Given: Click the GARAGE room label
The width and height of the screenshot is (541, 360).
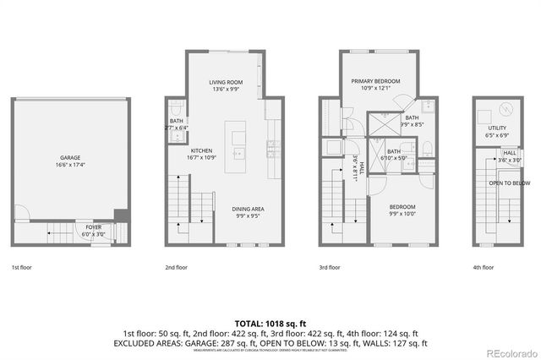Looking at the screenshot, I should click(69, 157).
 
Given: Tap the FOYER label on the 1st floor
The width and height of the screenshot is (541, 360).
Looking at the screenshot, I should click(93, 227).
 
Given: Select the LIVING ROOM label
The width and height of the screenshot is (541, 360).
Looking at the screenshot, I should click(226, 82).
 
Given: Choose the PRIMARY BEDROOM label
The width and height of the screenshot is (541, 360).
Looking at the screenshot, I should click(375, 81).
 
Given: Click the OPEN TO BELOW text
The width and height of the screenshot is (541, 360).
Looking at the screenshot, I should click(509, 183).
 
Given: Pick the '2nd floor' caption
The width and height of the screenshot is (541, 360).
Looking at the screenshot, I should click(177, 267).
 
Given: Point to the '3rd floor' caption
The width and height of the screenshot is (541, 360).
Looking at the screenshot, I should click(329, 267).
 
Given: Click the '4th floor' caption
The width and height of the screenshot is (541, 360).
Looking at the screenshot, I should click(483, 267).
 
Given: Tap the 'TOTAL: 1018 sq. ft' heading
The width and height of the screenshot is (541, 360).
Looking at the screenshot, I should click(270, 324).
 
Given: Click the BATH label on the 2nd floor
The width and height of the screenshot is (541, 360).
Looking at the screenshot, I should click(176, 122).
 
